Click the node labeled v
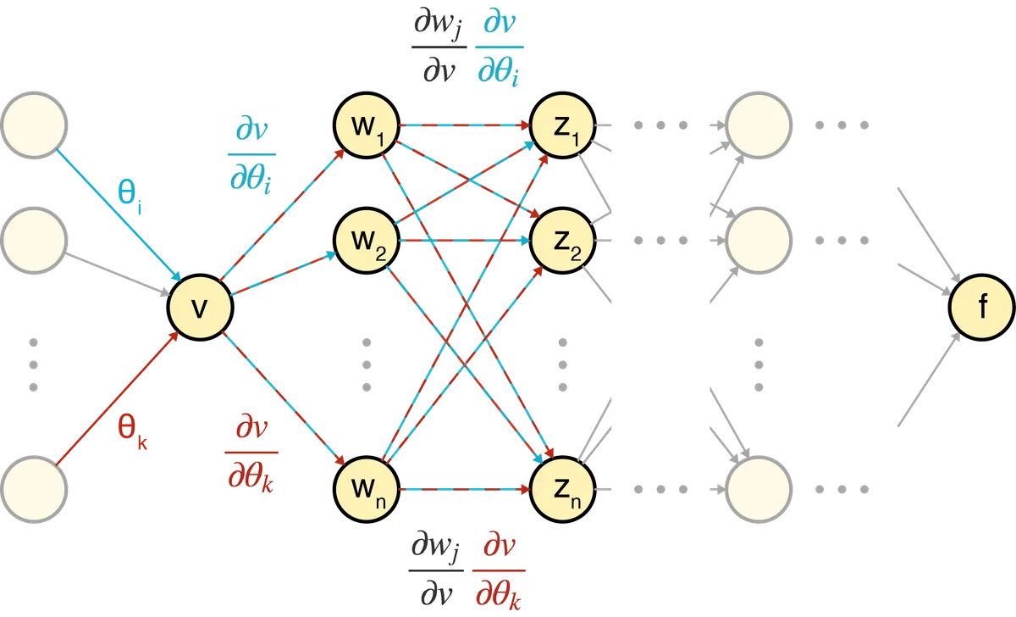(200, 308)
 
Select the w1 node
(367, 125)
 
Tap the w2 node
(367, 240)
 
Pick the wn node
(367, 489)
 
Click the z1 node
(562, 125)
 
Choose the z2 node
(562, 240)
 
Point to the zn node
(562, 489)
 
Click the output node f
(982, 308)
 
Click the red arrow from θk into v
(117, 398)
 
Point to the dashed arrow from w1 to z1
(465, 125)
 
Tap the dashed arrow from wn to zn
(465, 489)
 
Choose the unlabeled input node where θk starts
(34, 489)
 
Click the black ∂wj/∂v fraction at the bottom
(436, 570)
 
